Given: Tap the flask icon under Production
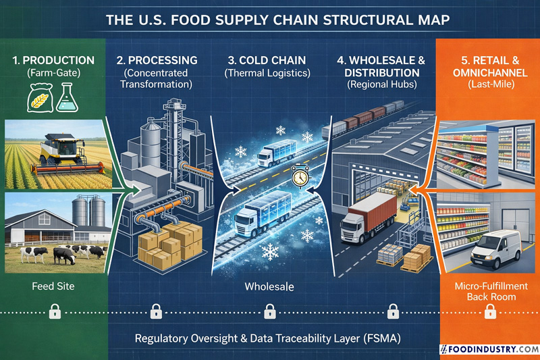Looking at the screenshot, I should pos(67,99).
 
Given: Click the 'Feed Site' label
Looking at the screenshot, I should pos(53,287).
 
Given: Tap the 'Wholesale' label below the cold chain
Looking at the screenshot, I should pos(270,287).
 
